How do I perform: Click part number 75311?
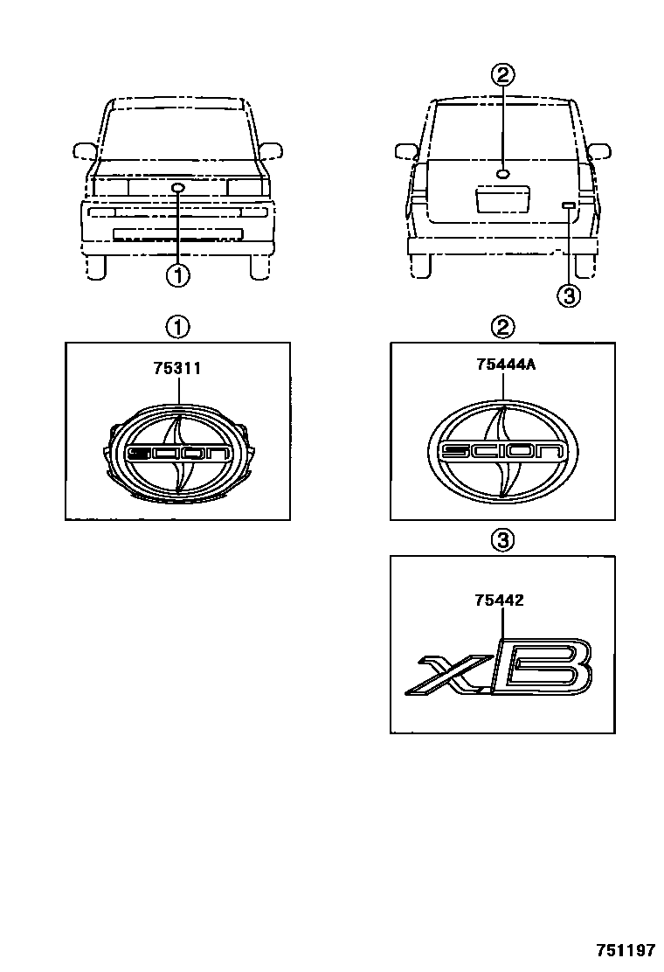coord(177,368)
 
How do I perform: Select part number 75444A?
coord(506,364)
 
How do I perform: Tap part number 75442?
coord(499,600)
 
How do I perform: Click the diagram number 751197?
coord(626,950)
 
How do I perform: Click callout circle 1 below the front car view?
coord(178,275)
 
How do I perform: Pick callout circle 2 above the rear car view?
coord(503,75)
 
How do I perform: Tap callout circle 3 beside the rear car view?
coord(569,296)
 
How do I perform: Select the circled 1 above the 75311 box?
coord(177,327)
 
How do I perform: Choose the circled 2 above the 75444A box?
coord(503,327)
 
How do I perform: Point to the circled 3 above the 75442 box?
coord(503,540)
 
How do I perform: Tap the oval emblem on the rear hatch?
coord(503,174)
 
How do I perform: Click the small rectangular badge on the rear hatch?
coord(568,205)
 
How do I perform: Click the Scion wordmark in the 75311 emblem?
coord(177,453)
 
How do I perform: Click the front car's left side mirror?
coord(85,150)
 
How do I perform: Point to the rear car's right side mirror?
coord(599,151)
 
